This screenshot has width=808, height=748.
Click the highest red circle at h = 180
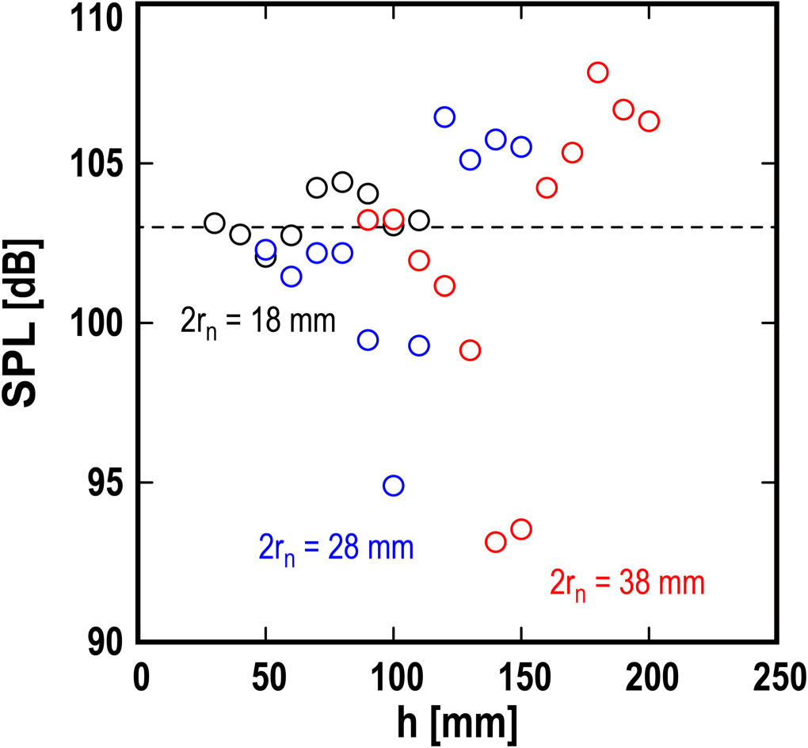pyautogui.click(x=597, y=72)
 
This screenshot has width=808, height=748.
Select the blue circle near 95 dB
pyautogui.click(x=393, y=485)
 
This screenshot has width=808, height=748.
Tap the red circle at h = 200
pyautogui.click(x=649, y=121)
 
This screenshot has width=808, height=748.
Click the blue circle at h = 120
pyautogui.click(x=444, y=117)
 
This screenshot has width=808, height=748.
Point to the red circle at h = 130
pyautogui.click(x=470, y=350)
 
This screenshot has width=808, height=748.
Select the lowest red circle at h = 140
pyautogui.click(x=495, y=542)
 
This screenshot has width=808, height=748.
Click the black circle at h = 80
pyautogui.click(x=342, y=182)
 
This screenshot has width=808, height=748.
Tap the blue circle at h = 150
pyautogui.click(x=520, y=147)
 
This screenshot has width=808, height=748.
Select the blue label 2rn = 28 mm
pyautogui.click(x=336, y=548)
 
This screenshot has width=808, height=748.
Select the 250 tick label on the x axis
pyautogui.click(x=777, y=678)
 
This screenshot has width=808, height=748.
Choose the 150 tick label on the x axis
pyautogui.click(x=521, y=678)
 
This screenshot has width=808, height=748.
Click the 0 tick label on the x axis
pyautogui.click(x=140, y=678)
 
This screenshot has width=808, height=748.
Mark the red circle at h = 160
pyautogui.click(x=546, y=188)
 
